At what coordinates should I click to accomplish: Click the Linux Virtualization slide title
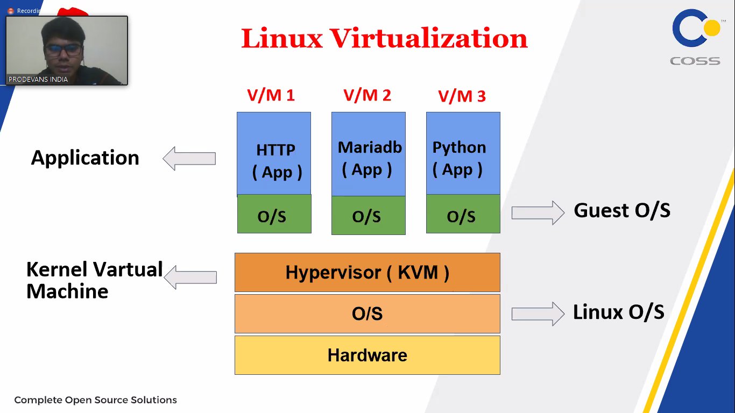click(384, 39)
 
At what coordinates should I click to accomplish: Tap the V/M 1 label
click(271, 95)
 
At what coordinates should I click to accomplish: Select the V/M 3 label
click(462, 96)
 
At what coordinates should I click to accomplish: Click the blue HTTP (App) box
click(274, 153)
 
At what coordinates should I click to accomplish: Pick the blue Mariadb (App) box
click(369, 154)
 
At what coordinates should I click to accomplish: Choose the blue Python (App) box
click(463, 153)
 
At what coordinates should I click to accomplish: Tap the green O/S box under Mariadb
click(369, 216)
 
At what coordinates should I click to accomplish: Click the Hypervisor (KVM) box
click(367, 273)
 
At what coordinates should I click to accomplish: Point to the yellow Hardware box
click(367, 355)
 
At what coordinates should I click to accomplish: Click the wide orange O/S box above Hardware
click(367, 314)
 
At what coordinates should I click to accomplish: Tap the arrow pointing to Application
click(189, 159)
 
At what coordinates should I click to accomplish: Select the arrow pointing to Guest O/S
click(537, 212)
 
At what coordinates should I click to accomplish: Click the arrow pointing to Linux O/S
click(537, 314)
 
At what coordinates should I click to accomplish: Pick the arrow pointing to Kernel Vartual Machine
click(190, 277)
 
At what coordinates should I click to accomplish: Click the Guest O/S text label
click(622, 210)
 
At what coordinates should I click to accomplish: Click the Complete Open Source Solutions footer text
click(95, 400)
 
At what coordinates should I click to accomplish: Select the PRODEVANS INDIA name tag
click(38, 80)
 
